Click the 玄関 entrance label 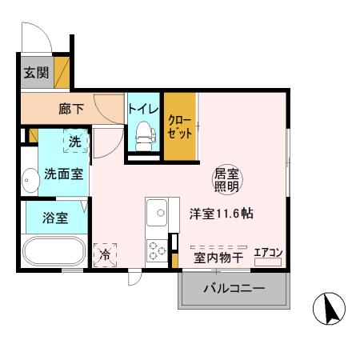coord(34,73)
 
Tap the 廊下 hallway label coord(72,110)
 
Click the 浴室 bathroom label coord(54,217)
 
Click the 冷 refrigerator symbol coord(105,255)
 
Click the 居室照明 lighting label coord(226,180)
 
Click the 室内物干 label coord(218,257)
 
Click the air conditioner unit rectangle coord(269,262)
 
